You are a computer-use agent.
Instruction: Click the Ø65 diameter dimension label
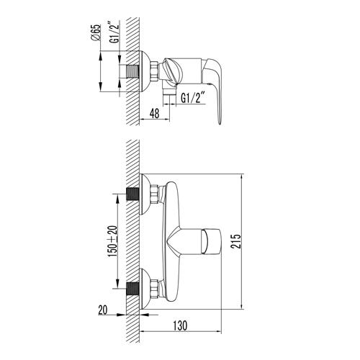[x=95, y=34]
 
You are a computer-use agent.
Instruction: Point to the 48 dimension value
[x=154, y=113]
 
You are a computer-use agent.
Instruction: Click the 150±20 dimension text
[x=112, y=241]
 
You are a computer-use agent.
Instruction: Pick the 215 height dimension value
[x=235, y=242]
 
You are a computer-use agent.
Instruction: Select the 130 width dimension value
[x=180, y=325]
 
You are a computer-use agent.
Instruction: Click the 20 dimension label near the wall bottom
[x=103, y=310]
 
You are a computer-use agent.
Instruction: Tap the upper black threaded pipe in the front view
[x=132, y=194]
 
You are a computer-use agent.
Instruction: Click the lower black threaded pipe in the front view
[x=132, y=289]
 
